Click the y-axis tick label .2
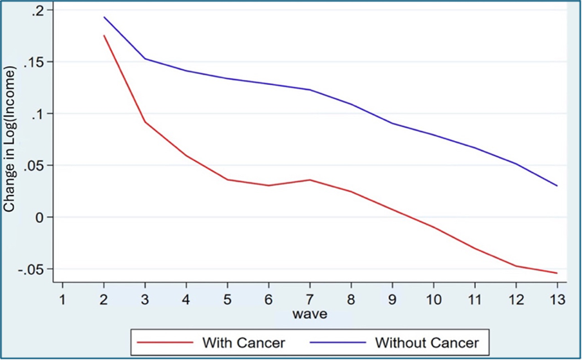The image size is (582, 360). [x=38, y=11]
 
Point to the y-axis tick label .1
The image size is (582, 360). [x=38, y=114]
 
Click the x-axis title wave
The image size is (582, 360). [x=310, y=315]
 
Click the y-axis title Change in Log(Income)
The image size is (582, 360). [x=10, y=140]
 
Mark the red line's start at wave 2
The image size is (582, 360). [x=104, y=35]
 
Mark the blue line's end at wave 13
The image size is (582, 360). [x=557, y=185]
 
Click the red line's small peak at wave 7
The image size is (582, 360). [x=310, y=180]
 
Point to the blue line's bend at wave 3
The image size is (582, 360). [x=145, y=59]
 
